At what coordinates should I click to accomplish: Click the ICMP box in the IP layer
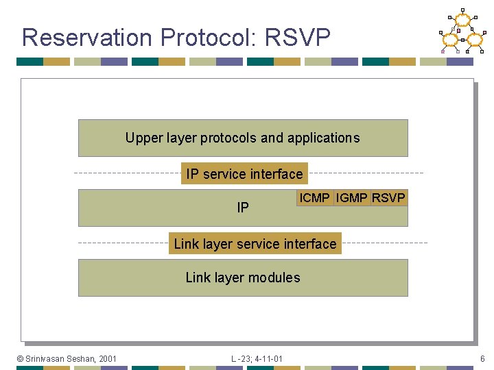(x=315, y=198)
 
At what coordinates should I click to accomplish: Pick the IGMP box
(x=352, y=198)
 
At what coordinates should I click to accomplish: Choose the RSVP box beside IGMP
(x=388, y=198)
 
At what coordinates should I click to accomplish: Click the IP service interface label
(x=244, y=174)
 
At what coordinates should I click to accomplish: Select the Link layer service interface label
(x=255, y=244)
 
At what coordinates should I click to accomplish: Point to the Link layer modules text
(x=243, y=277)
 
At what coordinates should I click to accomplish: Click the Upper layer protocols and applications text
(x=242, y=138)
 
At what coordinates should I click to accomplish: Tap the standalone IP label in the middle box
(x=243, y=208)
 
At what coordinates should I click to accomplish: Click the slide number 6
(x=482, y=358)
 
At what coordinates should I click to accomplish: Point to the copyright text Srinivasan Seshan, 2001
(x=67, y=358)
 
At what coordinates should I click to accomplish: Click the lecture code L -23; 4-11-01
(x=257, y=358)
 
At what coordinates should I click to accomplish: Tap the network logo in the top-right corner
(x=462, y=32)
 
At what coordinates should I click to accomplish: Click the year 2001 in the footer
(x=108, y=358)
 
